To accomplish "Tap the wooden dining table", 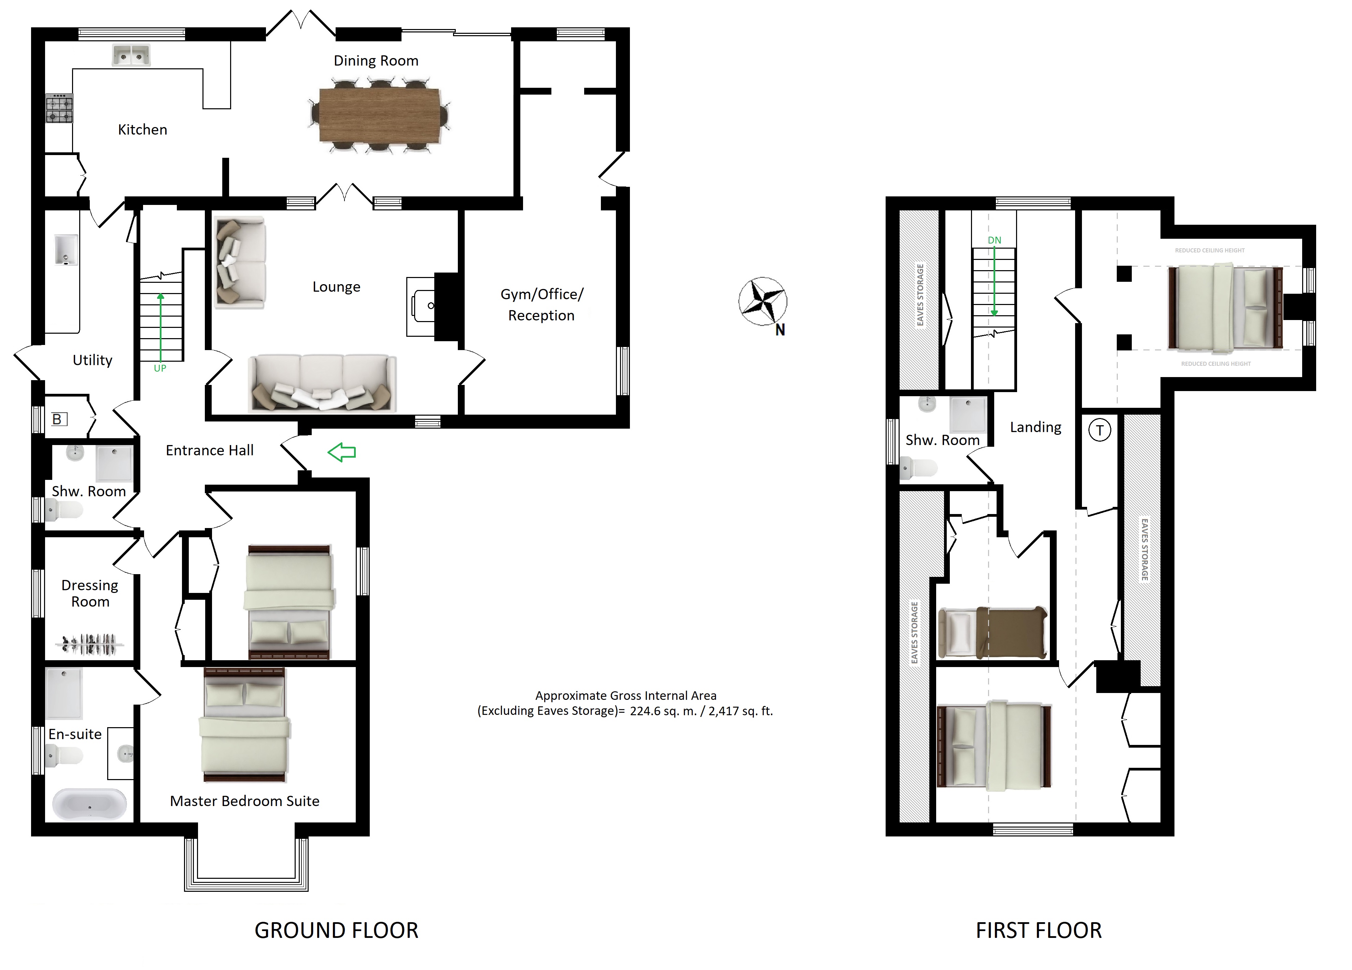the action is [380, 115].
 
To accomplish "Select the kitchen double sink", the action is [131, 55].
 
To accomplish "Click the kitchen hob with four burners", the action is [60, 108].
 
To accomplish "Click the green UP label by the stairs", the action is [160, 369].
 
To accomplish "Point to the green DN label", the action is [994, 240].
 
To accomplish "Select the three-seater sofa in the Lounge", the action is [322, 383].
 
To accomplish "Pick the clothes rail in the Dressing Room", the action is [90, 644].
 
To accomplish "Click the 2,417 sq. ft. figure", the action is [741, 711].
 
